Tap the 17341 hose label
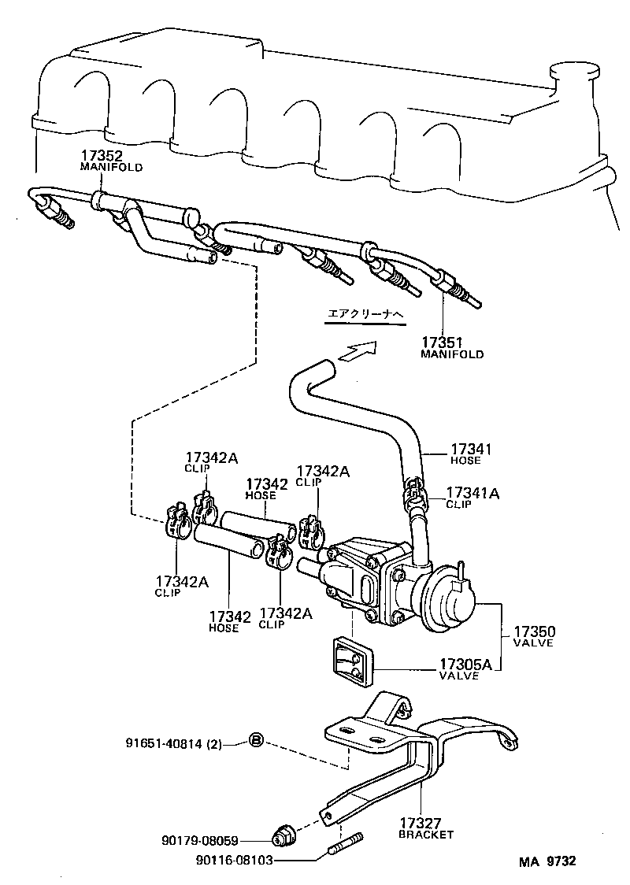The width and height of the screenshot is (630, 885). point(471,449)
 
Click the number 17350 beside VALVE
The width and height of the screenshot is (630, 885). point(535,631)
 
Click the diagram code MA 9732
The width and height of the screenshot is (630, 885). point(547,861)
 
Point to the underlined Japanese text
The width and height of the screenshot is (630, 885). point(365,315)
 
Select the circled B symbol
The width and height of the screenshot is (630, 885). point(256,740)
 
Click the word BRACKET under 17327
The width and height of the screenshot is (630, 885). point(426,835)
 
